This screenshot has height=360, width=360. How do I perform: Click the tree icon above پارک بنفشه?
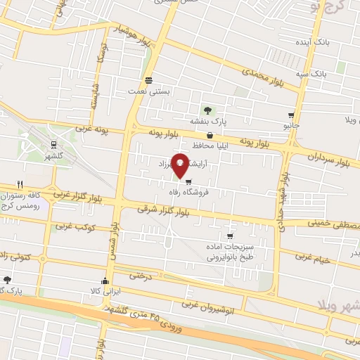(207, 110)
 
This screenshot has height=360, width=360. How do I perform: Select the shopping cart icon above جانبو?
(291, 115)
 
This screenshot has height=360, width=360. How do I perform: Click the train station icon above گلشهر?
(53, 144)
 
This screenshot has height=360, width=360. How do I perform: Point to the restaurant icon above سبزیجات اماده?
(229, 236)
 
